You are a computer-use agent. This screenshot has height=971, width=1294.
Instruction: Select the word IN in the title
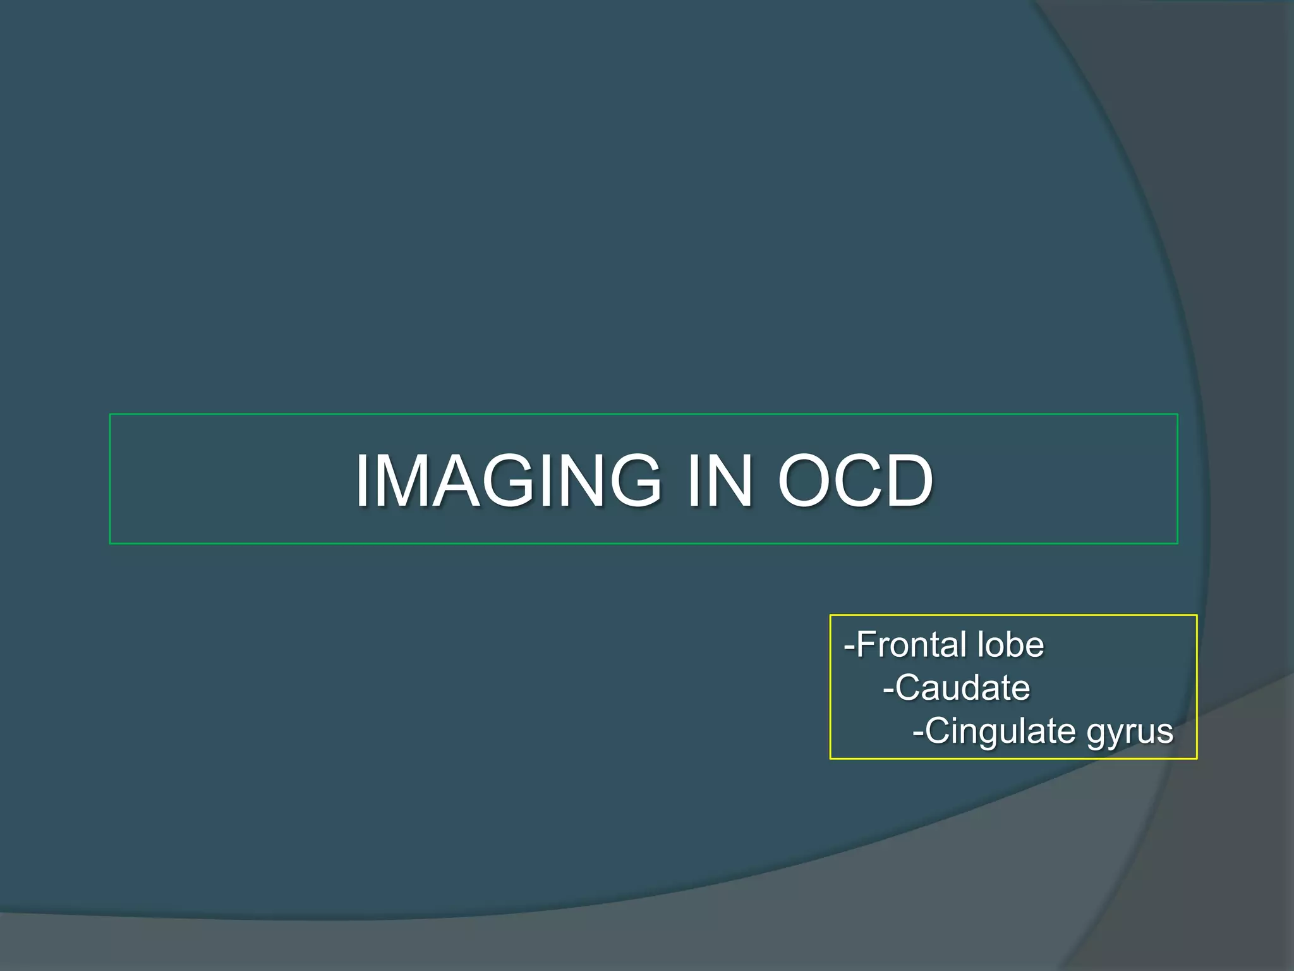click(x=720, y=482)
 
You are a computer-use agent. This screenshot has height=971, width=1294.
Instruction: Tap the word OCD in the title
click(x=855, y=482)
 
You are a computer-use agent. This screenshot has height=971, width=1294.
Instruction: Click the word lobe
click(x=1010, y=645)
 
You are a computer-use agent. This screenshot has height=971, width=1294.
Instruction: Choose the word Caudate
click(x=962, y=688)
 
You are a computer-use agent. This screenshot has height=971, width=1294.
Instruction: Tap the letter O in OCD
click(x=807, y=482)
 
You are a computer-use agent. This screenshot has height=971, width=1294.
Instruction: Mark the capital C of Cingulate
click(x=937, y=731)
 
